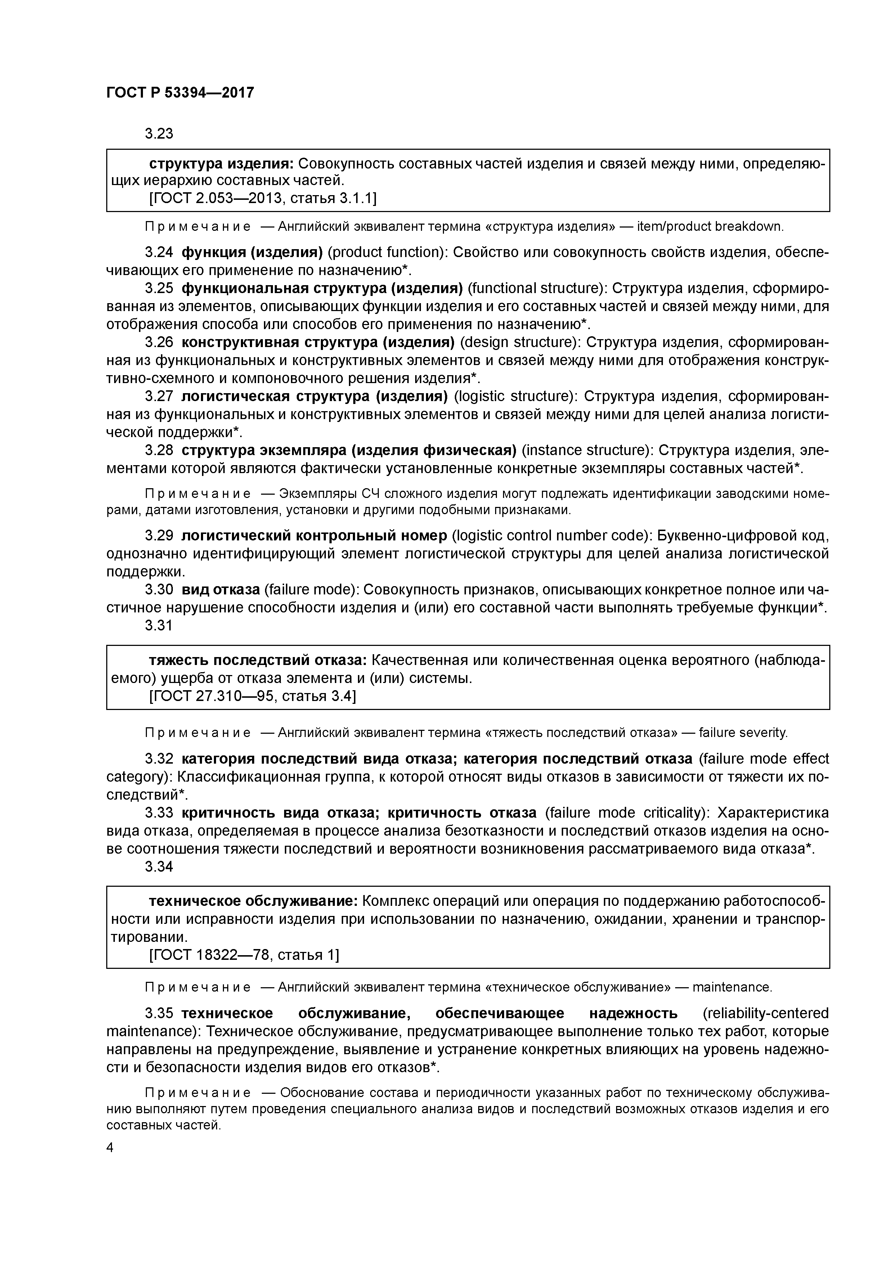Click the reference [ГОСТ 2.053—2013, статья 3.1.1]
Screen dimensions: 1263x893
point(262,198)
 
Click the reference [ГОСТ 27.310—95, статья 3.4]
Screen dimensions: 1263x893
point(252,696)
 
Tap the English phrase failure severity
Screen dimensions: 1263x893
point(743,733)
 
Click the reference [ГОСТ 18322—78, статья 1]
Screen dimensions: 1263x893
point(244,954)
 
